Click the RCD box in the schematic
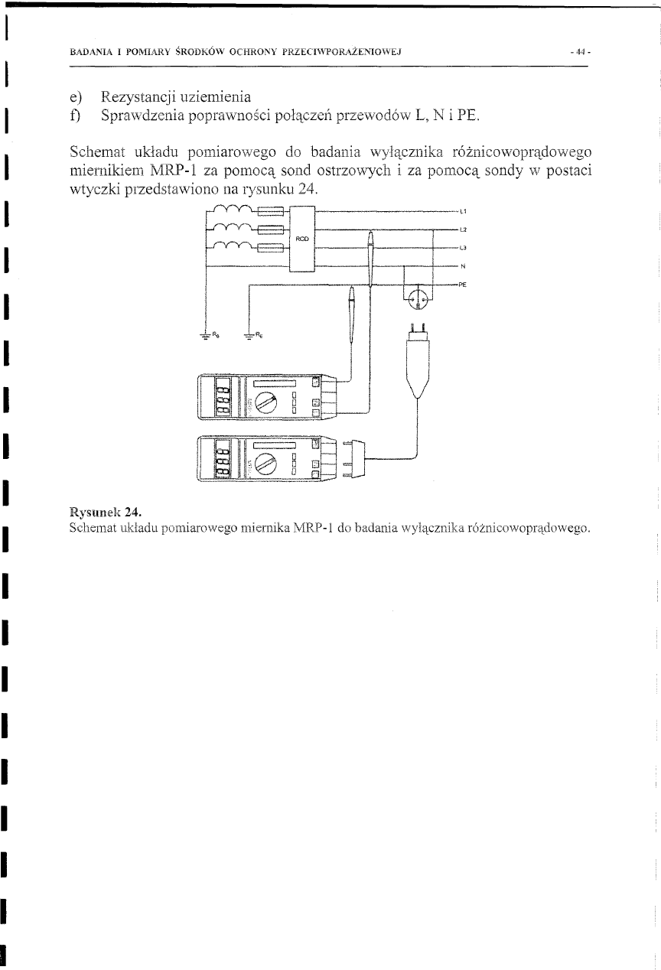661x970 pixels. (303, 239)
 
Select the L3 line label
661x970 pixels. (464, 248)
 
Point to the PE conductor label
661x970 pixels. (464, 284)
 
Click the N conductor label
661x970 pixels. (463, 266)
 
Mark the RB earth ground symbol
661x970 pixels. (205, 335)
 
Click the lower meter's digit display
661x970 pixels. (223, 462)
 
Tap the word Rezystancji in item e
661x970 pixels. (146, 96)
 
